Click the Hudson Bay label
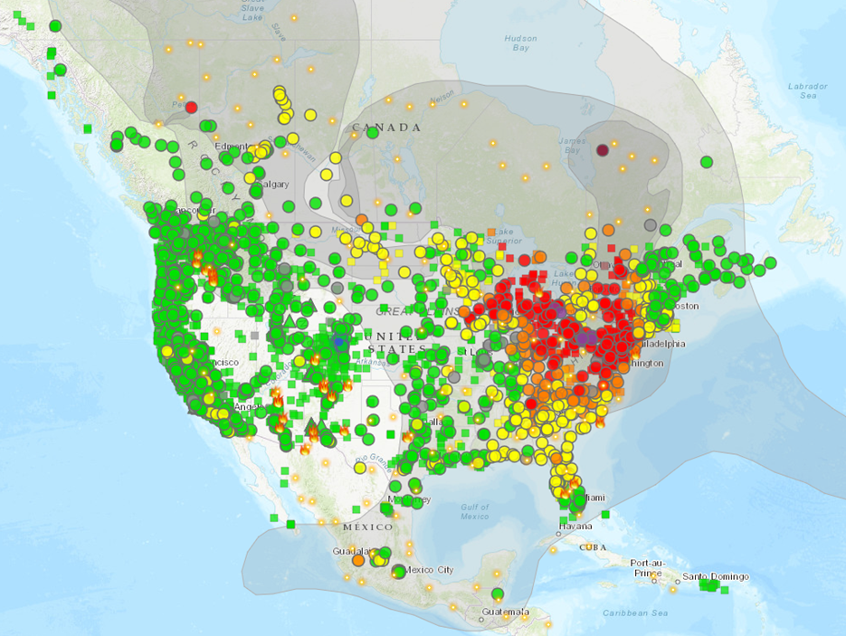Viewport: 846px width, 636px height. click(520, 43)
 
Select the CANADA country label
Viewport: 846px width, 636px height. click(387, 128)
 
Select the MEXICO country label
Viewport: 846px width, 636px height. click(367, 527)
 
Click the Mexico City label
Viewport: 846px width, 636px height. click(432, 570)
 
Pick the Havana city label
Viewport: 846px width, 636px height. click(575, 526)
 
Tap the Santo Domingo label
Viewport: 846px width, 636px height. click(716, 576)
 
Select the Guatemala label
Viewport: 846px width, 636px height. click(504, 612)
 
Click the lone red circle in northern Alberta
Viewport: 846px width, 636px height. click(191, 107)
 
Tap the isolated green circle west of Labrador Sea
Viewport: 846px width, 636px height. click(706, 162)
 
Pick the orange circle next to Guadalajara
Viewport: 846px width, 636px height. click(358, 560)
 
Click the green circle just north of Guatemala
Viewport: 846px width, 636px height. click(498, 593)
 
